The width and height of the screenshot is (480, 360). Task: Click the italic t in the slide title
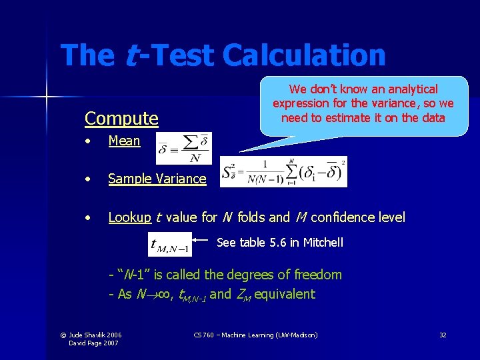coord(132,55)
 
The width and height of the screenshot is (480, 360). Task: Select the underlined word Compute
coord(121,119)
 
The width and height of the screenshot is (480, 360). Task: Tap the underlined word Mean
coord(124,141)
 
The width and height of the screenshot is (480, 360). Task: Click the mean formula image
coord(183,147)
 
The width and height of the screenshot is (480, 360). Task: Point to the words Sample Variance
coord(157,179)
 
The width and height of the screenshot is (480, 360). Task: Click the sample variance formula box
coord(283,172)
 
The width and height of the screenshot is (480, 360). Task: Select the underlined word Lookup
coord(129,217)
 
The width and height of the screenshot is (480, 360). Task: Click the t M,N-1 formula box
coord(170,245)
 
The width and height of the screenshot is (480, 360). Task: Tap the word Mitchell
coord(323,243)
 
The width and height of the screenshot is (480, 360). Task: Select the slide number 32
coord(443,335)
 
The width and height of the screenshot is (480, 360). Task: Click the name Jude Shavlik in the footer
coord(89,335)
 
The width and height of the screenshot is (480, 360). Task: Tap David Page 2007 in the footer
coord(95,343)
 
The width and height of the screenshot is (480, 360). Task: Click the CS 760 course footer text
coord(256,335)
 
